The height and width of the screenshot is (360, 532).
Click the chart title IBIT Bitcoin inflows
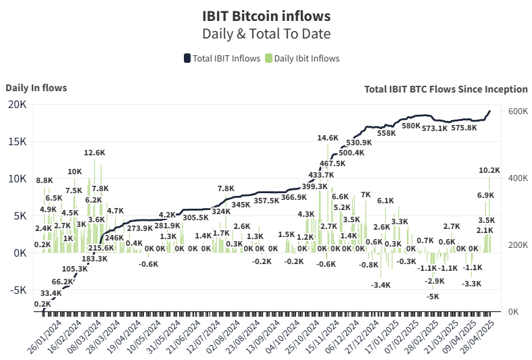click(266, 14)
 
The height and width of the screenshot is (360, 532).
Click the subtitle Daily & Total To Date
click(266, 32)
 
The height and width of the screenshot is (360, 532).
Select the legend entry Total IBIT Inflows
click(222, 58)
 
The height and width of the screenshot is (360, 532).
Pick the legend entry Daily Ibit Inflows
click(302, 58)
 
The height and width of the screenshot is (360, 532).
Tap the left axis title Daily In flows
click(36, 87)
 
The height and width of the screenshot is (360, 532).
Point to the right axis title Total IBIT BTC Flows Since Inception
click(445, 88)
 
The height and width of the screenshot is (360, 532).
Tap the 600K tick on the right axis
click(518, 111)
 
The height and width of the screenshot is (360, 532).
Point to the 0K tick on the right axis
click(514, 312)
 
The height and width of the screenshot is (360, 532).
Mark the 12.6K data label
click(95, 153)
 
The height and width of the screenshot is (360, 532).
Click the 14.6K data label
click(328, 138)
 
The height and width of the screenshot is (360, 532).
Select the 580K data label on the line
click(411, 126)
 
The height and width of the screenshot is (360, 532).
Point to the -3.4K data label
click(381, 285)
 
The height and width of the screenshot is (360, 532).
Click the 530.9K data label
click(359, 143)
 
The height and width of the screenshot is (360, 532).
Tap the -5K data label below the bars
click(432, 296)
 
